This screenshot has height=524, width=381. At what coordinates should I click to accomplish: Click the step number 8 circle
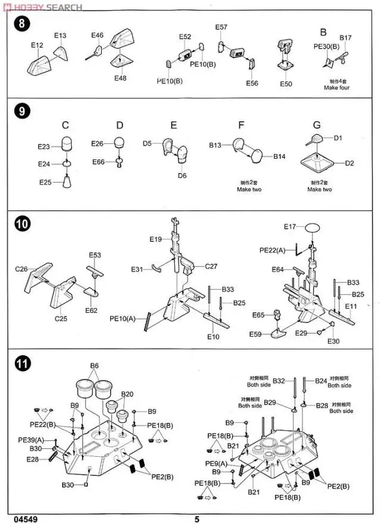[22, 24]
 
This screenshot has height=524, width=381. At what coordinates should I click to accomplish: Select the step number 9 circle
[22, 111]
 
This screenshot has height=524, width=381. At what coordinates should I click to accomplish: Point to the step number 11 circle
[22, 363]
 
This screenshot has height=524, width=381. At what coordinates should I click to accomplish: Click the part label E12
[38, 45]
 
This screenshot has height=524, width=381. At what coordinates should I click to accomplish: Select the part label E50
[286, 84]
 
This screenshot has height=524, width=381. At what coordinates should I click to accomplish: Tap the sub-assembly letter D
[120, 125]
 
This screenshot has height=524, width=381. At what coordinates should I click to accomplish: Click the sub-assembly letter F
[241, 125]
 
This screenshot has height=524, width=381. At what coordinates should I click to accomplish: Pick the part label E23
[43, 146]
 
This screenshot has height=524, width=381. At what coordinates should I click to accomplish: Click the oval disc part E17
[313, 227]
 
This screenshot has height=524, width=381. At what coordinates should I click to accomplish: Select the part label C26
[21, 269]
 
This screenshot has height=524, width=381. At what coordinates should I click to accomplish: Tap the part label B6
[94, 366]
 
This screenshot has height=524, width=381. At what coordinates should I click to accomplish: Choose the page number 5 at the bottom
[196, 519]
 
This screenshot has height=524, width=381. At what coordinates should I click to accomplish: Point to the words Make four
[336, 87]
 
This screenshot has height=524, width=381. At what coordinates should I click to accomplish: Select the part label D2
[349, 162]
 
